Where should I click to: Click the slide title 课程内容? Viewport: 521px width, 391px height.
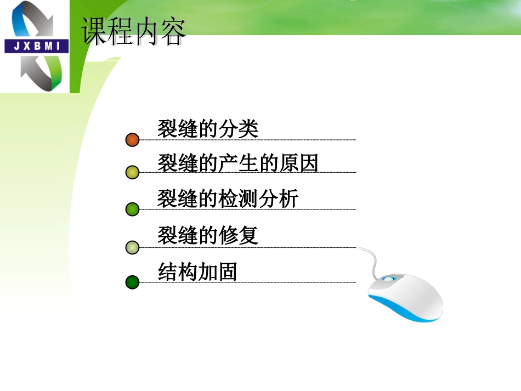(134, 31)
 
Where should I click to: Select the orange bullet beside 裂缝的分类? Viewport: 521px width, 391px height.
(132, 140)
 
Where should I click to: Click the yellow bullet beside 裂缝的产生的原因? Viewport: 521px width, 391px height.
(132, 173)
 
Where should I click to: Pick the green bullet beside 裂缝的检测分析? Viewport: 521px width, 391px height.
(132, 209)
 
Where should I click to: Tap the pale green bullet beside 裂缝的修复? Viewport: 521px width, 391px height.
(132, 247)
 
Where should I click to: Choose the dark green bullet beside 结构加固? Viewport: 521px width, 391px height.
(132, 282)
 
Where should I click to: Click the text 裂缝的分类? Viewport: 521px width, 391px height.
(208, 129)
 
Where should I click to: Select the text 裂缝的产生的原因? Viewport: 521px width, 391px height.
(238, 163)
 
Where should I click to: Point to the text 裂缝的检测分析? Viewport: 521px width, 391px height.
(228, 199)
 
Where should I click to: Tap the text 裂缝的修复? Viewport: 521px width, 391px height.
(208, 236)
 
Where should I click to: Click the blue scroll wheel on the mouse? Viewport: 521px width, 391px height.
(388, 279)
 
